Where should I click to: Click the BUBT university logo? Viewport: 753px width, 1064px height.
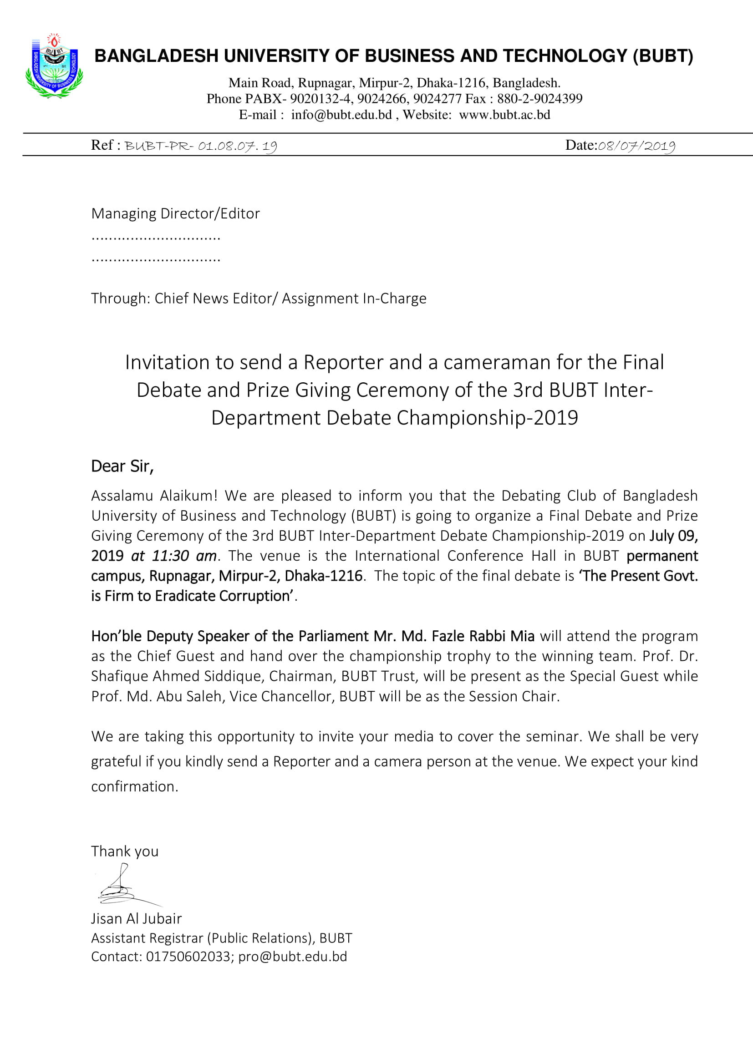pyautogui.click(x=54, y=66)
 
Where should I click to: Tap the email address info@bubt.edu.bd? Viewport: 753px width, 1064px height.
pyautogui.click(x=341, y=115)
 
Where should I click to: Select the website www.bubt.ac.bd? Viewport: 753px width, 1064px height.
pyautogui.click(x=504, y=115)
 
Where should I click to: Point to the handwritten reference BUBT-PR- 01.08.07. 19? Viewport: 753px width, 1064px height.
pyautogui.click(x=201, y=147)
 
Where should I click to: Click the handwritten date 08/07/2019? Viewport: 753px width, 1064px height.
pyautogui.click(x=636, y=147)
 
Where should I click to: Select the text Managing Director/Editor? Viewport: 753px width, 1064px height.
pyautogui.click(x=175, y=213)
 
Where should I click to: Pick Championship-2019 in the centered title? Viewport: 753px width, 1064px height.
pyautogui.click(x=487, y=418)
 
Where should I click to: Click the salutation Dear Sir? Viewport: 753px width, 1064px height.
pyautogui.click(x=122, y=466)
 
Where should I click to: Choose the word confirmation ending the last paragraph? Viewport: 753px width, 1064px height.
pyautogui.click(x=134, y=786)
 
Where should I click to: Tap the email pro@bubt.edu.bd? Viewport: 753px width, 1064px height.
pyautogui.click(x=292, y=957)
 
